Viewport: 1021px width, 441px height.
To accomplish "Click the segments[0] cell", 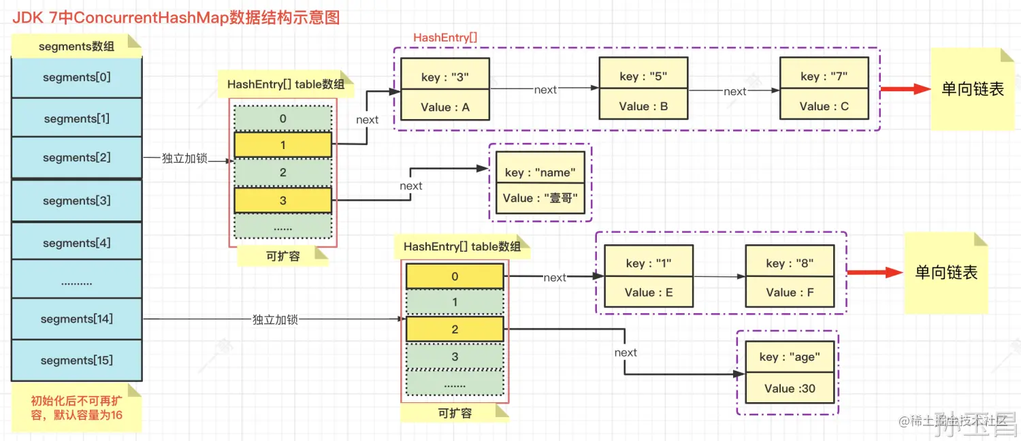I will (x=76, y=78).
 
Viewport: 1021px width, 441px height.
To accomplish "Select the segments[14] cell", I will (x=76, y=319).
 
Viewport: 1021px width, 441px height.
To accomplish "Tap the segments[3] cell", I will (x=76, y=201).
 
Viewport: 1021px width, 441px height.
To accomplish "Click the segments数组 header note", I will (x=76, y=47).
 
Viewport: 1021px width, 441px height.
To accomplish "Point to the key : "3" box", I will (x=445, y=77).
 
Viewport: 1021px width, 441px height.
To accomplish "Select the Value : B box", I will (x=643, y=106).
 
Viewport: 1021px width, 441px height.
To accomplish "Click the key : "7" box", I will (x=824, y=76).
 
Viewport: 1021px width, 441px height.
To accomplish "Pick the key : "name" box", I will (x=540, y=173).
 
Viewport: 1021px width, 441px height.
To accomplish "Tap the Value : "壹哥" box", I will (x=540, y=198).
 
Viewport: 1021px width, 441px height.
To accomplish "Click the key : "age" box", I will (x=789, y=357).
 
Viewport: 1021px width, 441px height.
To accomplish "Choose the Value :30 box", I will (x=789, y=389).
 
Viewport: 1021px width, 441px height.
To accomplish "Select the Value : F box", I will (x=790, y=293).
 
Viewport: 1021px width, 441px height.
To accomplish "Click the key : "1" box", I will (x=649, y=263).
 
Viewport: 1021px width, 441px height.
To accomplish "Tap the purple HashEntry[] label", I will (x=445, y=37).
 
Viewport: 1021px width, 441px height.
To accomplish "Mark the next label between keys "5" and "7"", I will (x=734, y=91).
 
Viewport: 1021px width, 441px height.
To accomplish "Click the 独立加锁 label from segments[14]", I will (x=275, y=319).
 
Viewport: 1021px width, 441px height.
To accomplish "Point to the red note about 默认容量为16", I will (x=76, y=408).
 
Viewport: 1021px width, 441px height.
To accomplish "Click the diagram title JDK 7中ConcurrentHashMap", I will (x=176, y=17).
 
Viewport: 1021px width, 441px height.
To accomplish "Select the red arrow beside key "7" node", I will (x=905, y=88).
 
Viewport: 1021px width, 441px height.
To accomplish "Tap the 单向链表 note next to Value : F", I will (x=946, y=273).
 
